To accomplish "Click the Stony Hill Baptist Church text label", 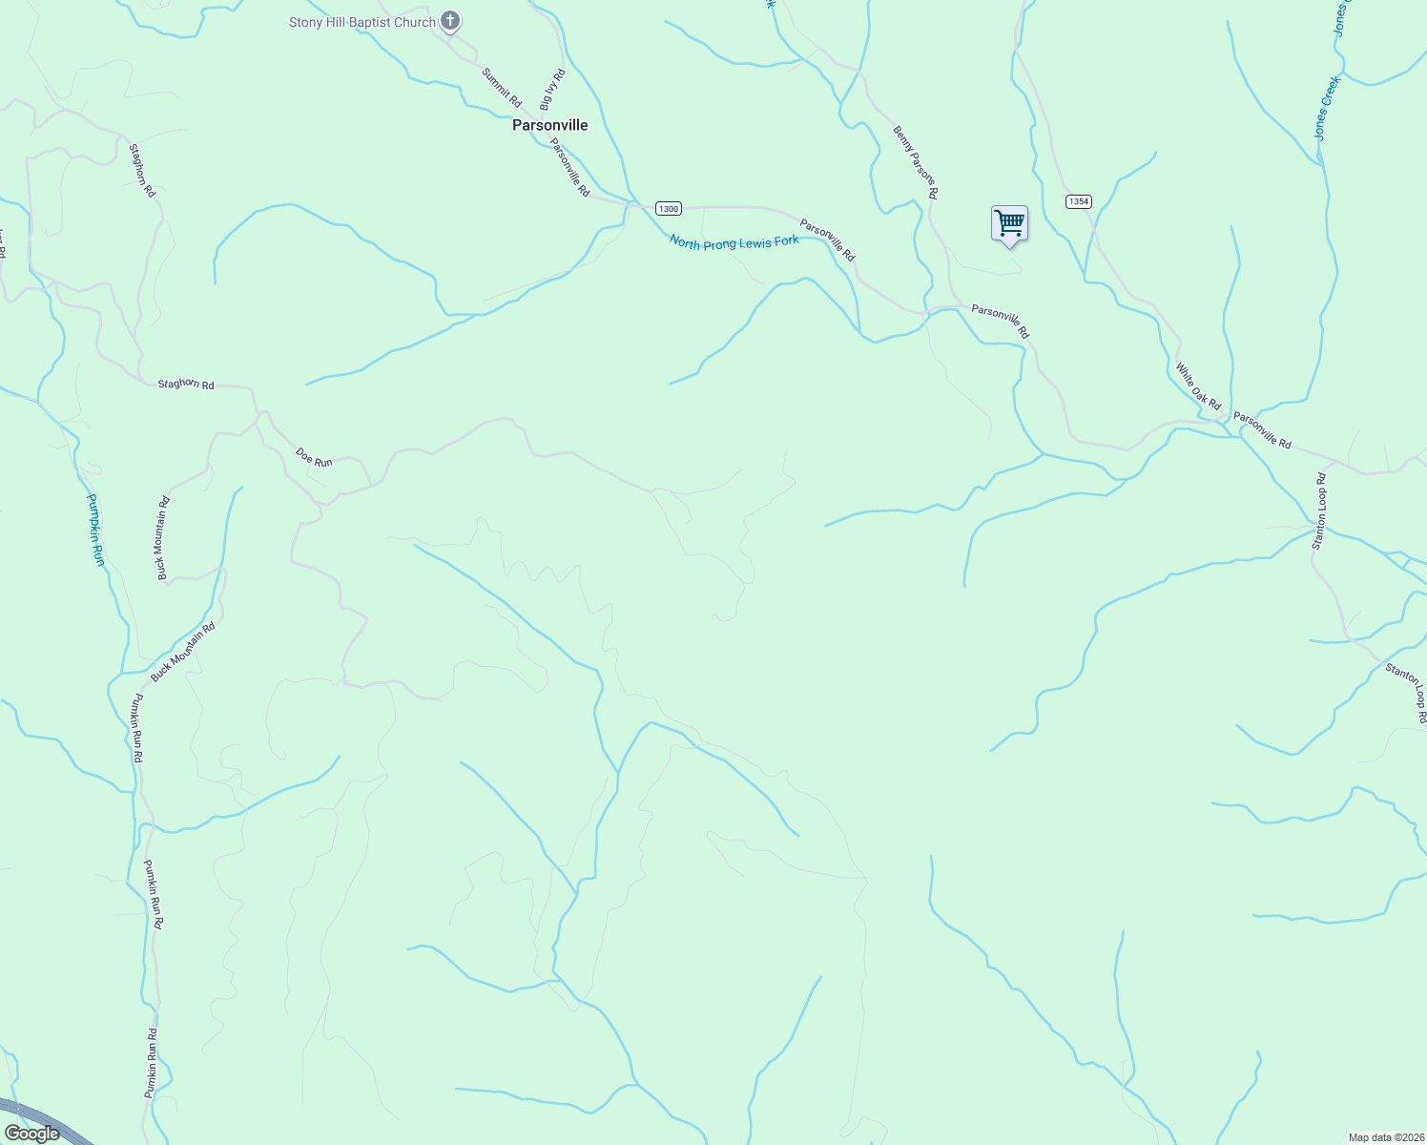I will tap(362, 22).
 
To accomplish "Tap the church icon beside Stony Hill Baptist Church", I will tap(451, 21).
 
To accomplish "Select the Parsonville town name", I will tap(549, 125).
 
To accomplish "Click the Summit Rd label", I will tap(502, 87).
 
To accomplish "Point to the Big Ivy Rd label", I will tap(553, 89).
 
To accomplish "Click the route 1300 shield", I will tap(668, 208).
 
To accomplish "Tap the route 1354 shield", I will tap(1079, 201).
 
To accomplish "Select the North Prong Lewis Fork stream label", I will tap(734, 242).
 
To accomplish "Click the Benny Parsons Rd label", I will tap(916, 162).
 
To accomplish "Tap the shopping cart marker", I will tap(1009, 223).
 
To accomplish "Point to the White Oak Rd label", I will tap(1197, 386).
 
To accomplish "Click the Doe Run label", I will tap(314, 457).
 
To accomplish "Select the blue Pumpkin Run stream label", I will tap(95, 530).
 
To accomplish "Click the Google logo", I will tap(32, 1134).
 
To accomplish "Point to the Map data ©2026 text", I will tap(1385, 1137).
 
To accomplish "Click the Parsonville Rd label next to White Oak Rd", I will tap(1262, 430).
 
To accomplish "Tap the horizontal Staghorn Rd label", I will tap(186, 385).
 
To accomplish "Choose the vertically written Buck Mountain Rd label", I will tap(163, 538).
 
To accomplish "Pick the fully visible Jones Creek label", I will tap(1327, 109).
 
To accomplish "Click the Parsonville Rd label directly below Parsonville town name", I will tap(570, 168).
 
